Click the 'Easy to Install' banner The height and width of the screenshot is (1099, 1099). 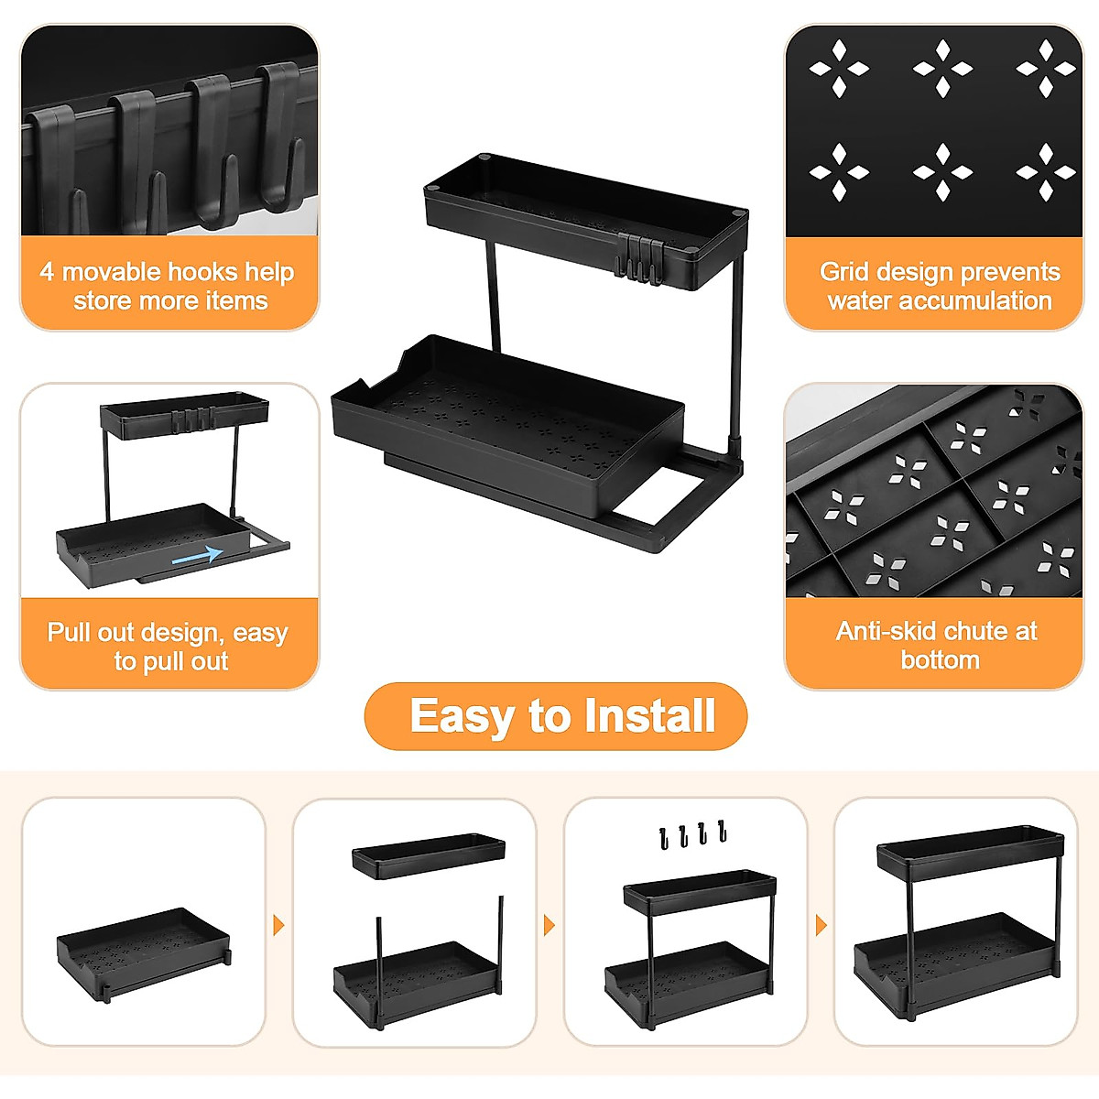point(556,716)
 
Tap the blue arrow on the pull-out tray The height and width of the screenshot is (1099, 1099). point(197,554)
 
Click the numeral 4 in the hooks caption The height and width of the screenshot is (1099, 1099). point(47,272)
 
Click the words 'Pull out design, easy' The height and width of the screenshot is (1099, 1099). point(168,633)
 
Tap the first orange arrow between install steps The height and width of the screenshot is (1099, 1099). point(279,925)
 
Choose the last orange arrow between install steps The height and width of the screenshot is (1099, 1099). point(821,925)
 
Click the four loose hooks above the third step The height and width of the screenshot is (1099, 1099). point(692,834)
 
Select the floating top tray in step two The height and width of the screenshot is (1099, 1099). point(429,855)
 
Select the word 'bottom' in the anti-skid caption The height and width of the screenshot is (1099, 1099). point(940,660)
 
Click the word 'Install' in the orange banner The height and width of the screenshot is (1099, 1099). point(649,716)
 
